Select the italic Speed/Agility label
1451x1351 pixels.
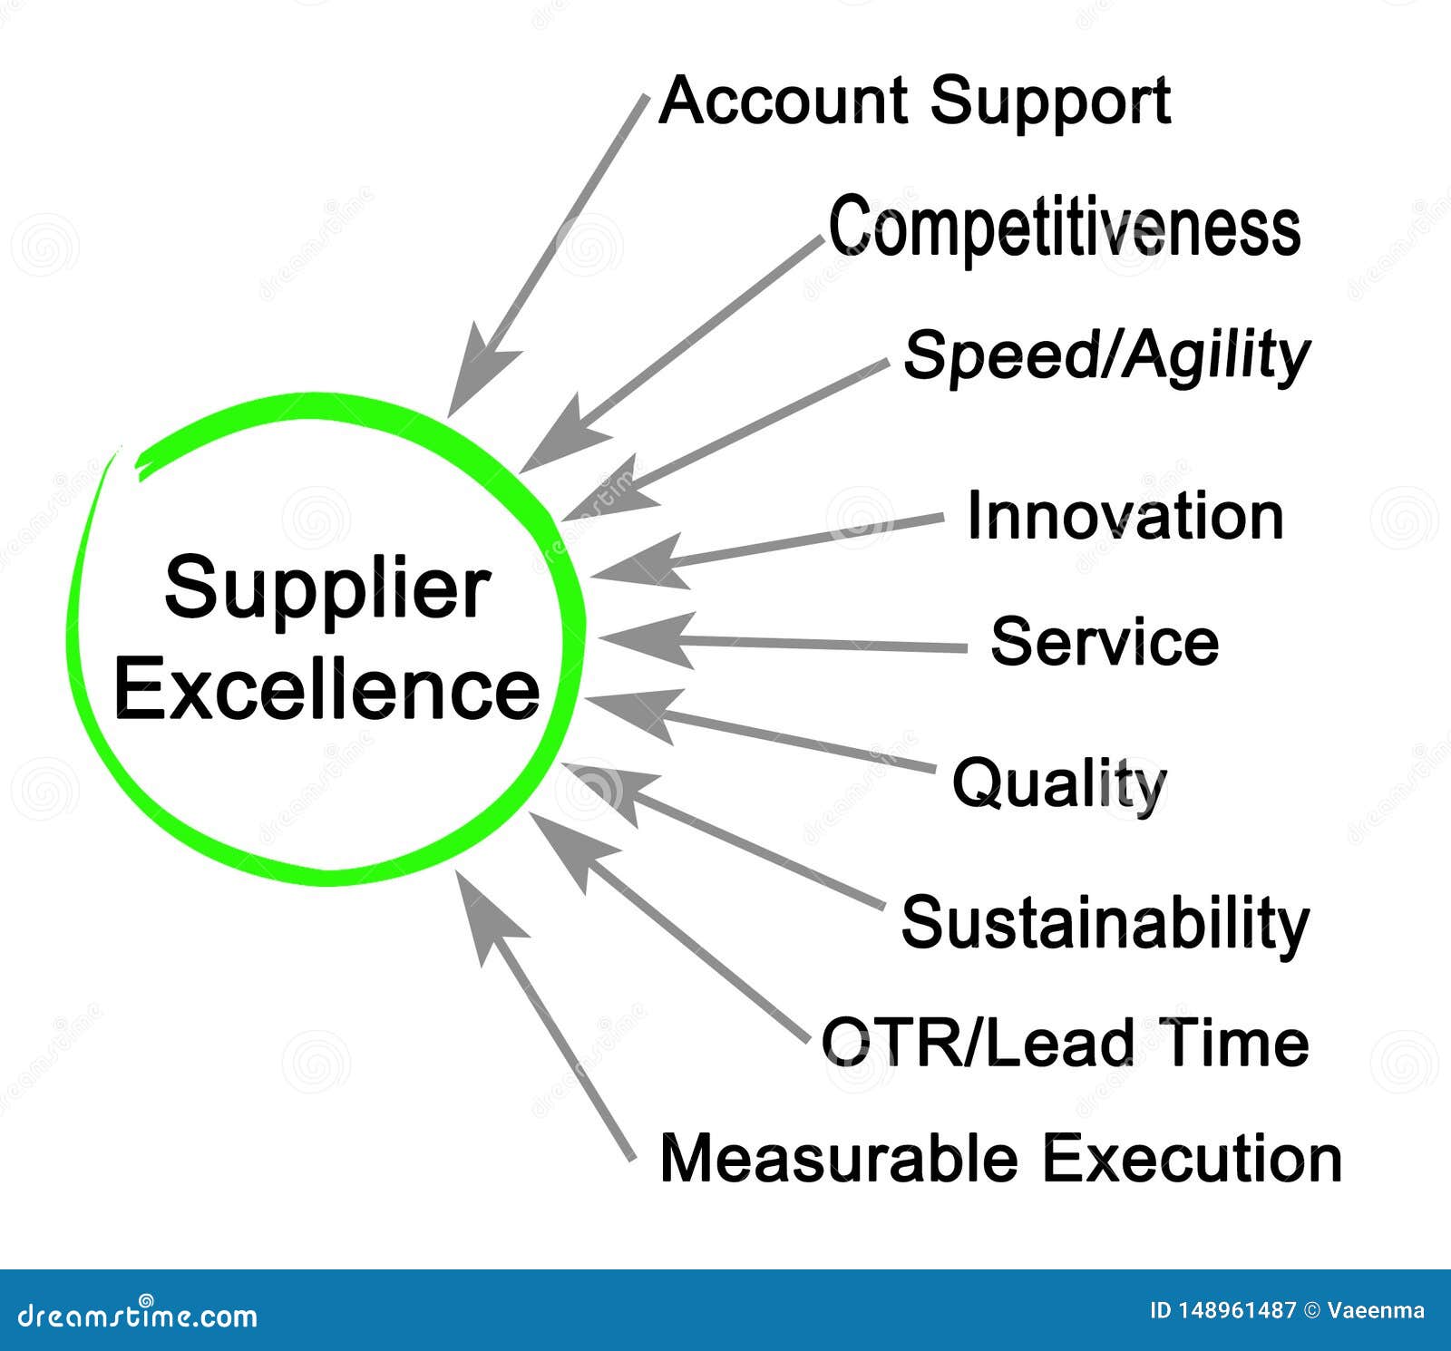[x=1106, y=355]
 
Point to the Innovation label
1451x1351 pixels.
[x=1125, y=516]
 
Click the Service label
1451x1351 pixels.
[x=1105, y=641]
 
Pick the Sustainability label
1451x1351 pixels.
[x=1105, y=923]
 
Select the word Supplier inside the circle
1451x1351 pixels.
[x=327, y=588]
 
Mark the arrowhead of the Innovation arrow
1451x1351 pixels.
[x=635, y=562]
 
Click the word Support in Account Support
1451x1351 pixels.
[x=1049, y=102]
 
